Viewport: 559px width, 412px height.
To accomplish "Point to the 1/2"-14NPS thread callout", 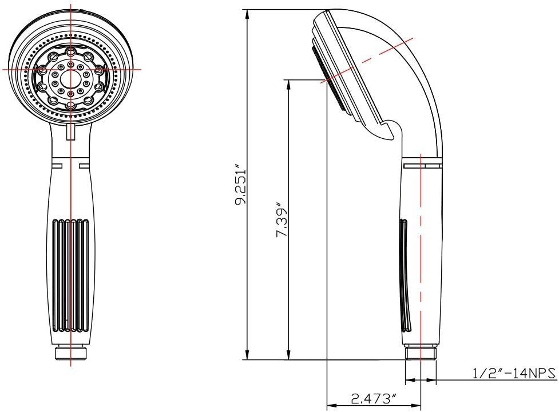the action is (x=514, y=373).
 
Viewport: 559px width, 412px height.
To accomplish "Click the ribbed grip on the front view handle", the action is (x=70, y=275).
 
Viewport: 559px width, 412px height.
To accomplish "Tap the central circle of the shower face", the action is (x=70, y=77).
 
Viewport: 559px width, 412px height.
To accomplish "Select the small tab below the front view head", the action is (x=71, y=132).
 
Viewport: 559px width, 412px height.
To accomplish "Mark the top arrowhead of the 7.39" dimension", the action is (x=289, y=86).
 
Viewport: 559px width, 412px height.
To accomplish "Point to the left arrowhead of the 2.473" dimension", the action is (x=333, y=405).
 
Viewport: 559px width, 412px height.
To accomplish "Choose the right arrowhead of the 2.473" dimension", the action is (x=415, y=405).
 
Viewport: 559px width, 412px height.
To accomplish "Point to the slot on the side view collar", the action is (x=423, y=166).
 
